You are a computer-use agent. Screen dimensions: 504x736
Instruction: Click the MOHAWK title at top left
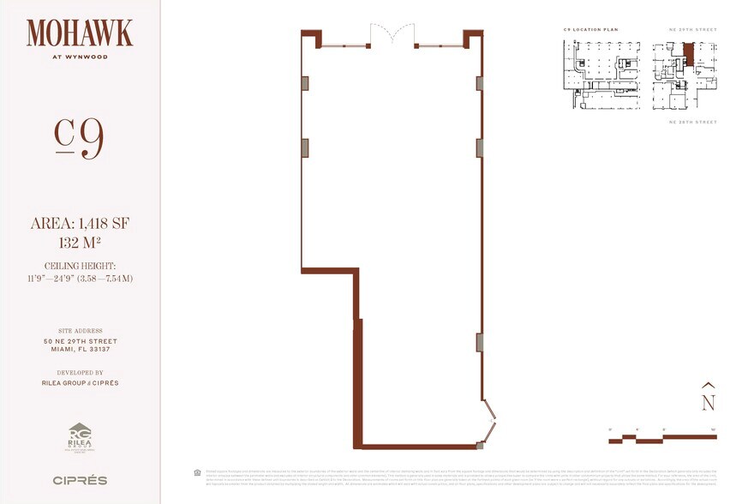pos(80,33)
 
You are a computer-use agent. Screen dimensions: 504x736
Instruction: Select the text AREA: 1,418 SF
pos(80,224)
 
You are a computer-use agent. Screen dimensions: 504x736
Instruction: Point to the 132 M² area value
pos(80,242)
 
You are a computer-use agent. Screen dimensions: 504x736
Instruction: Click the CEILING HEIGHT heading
pos(80,267)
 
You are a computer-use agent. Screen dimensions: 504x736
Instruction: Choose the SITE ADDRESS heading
pos(80,331)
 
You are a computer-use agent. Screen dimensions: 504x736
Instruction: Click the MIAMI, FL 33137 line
pos(80,350)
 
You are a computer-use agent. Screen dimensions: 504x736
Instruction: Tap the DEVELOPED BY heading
pos(80,373)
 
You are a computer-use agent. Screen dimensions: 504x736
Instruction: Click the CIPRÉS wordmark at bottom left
pos(80,480)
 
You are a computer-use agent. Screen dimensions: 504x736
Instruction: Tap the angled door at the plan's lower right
pos(488,420)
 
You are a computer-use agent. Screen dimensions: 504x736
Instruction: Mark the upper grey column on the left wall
pos(304,83)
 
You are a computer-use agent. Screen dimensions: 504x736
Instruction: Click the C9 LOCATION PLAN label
pos(590,30)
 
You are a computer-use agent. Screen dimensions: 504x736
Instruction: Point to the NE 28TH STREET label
pos(692,123)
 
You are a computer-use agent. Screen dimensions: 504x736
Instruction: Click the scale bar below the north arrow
pos(661,438)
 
